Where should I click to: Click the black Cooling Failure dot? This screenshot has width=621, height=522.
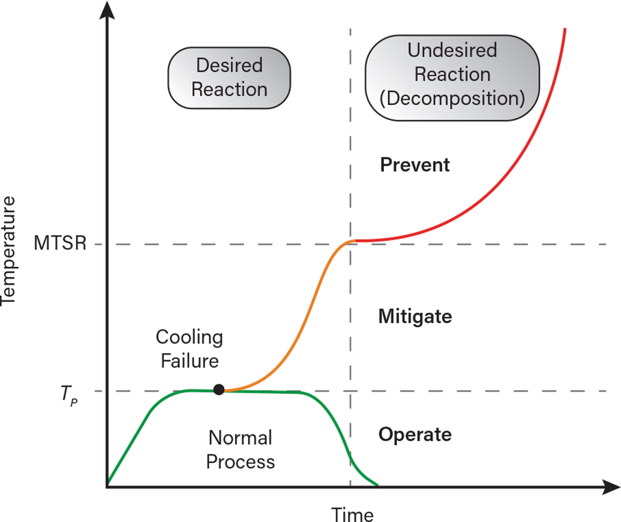pyautogui.click(x=219, y=389)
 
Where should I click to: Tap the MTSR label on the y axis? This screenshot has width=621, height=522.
pyautogui.click(x=60, y=243)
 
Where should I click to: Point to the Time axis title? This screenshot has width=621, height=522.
pyautogui.click(x=352, y=514)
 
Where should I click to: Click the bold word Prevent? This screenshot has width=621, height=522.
pyautogui.click(x=415, y=165)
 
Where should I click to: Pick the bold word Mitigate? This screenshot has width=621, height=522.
pyautogui.click(x=415, y=316)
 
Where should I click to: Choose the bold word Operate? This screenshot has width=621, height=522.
pyautogui.click(x=415, y=434)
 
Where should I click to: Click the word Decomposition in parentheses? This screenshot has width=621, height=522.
pyautogui.click(x=452, y=97)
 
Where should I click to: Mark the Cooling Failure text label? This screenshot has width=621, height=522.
pyautogui.click(x=189, y=349)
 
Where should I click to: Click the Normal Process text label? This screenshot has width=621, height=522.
pyautogui.click(x=240, y=450)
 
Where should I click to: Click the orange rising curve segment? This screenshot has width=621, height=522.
pyautogui.click(x=305, y=321)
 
